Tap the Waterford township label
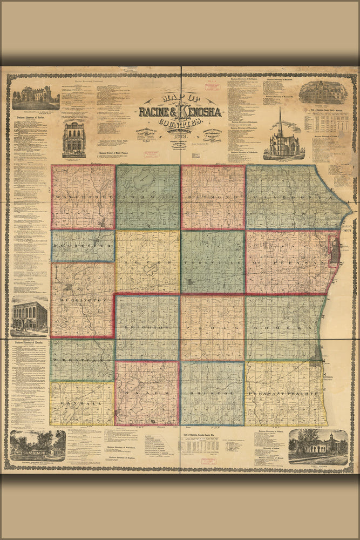[x=83, y=198]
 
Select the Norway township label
[x=148, y=198]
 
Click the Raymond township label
[x=213, y=198]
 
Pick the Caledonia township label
[x=291, y=198]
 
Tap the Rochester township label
[x=83, y=246]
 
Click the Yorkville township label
[x=213, y=263]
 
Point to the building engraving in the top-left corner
[x=36, y=98]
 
